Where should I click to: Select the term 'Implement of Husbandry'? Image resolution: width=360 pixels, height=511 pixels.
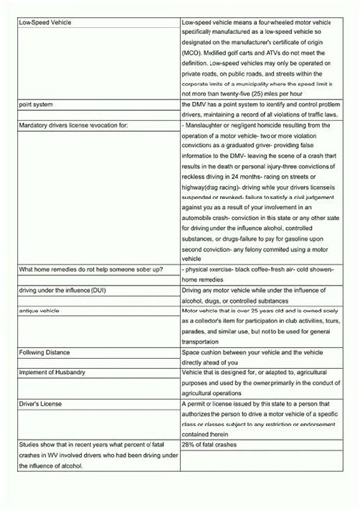52,372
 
